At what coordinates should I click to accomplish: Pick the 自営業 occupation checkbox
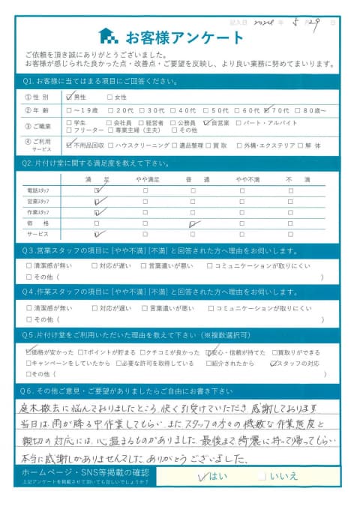pyautogui.click(x=206, y=122)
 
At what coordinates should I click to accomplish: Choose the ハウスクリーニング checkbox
pyautogui.click(x=111, y=144)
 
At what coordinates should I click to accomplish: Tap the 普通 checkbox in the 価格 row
pyautogui.click(x=193, y=223)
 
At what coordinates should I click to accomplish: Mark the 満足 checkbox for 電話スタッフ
pyautogui.click(x=97, y=191)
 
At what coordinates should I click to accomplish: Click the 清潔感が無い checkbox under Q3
pyautogui.click(x=29, y=265)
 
